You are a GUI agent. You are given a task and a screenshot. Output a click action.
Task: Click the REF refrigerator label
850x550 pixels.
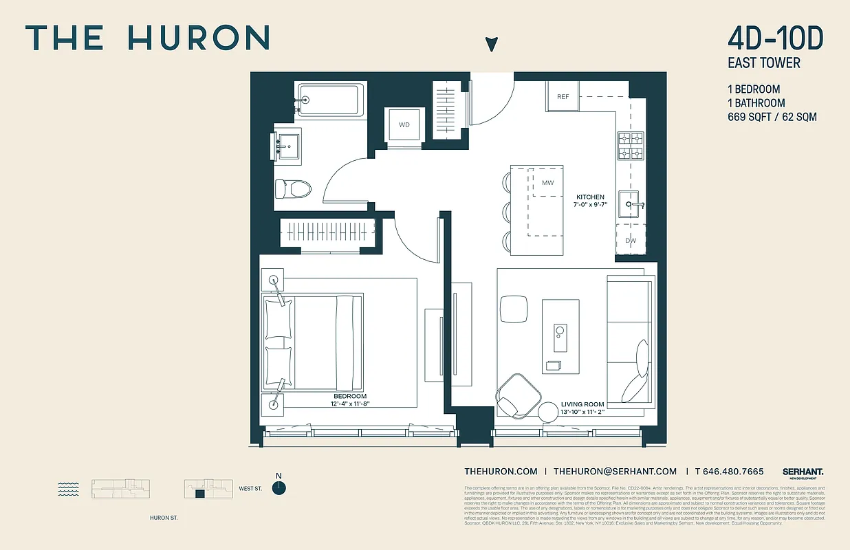(563, 97)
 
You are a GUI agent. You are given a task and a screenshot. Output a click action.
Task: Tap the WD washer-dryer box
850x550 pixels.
(404, 125)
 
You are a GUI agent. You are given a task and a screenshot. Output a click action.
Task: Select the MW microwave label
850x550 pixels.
(548, 183)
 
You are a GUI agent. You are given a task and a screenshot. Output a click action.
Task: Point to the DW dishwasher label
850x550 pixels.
(631, 240)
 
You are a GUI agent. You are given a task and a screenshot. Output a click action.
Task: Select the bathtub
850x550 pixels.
(329, 100)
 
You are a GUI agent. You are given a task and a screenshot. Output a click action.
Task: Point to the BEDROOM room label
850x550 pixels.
(350, 397)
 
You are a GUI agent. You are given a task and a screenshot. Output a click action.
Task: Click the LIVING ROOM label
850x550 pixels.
(582, 405)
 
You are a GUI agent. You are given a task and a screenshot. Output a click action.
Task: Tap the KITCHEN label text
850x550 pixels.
(590, 197)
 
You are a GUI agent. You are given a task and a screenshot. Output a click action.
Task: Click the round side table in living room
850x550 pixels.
(549, 412)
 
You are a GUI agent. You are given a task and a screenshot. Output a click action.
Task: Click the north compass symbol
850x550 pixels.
(279, 487)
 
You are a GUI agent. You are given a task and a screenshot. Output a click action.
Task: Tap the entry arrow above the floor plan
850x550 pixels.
(490, 45)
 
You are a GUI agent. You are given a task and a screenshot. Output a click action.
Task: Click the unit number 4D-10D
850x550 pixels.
(775, 37)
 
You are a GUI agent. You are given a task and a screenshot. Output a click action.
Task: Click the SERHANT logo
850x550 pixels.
(803, 472)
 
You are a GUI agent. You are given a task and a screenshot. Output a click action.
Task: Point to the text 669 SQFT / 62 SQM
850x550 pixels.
(772, 117)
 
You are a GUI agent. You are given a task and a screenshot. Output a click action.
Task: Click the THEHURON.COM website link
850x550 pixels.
(501, 472)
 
